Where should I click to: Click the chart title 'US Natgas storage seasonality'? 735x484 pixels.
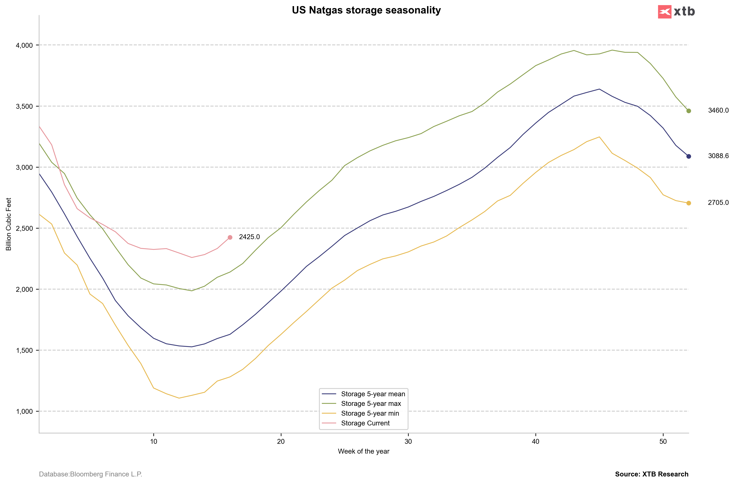tap(366, 10)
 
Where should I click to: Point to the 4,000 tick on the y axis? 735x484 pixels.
tap(24, 45)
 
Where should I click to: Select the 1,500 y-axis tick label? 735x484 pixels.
tap(24, 350)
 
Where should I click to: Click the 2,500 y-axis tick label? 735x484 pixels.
tap(24, 228)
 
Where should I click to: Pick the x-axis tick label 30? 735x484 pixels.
tap(408, 441)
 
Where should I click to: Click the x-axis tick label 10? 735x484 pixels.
tap(154, 441)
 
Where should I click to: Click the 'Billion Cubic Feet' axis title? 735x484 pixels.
tap(9, 224)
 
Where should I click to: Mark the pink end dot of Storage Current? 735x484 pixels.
tap(230, 237)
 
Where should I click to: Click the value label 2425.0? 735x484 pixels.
tap(249, 237)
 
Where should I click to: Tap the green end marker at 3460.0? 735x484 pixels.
tap(689, 111)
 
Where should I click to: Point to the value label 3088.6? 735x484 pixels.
tap(718, 156)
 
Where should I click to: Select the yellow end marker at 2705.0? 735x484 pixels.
tap(689, 203)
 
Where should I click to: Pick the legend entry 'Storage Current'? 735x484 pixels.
tap(365, 423)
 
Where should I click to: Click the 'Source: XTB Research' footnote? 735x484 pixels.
tap(652, 474)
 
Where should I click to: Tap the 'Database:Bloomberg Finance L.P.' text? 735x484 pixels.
tap(90, 474)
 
